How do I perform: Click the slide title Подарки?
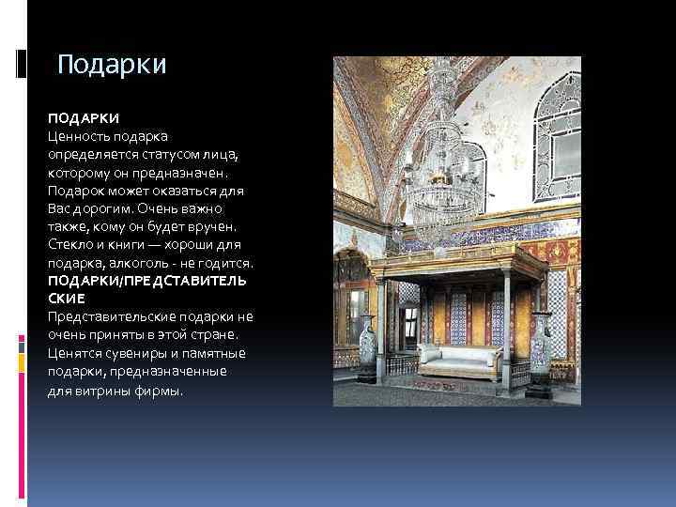112,65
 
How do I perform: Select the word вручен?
210,226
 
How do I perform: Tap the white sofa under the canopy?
457,358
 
